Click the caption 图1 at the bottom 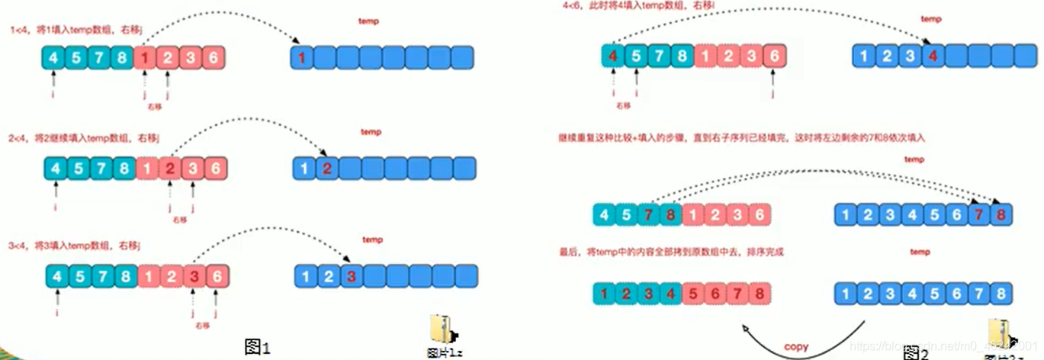[257, 347]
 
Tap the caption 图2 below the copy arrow [914, 353]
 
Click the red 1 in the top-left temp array [303, 57]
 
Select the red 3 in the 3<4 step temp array [351, 275]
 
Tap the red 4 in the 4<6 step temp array [931, 56]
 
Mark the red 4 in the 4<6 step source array [613, 56]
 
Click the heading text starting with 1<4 [76, 31]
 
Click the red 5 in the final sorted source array [692, 294]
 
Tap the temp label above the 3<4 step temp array [372, 240]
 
